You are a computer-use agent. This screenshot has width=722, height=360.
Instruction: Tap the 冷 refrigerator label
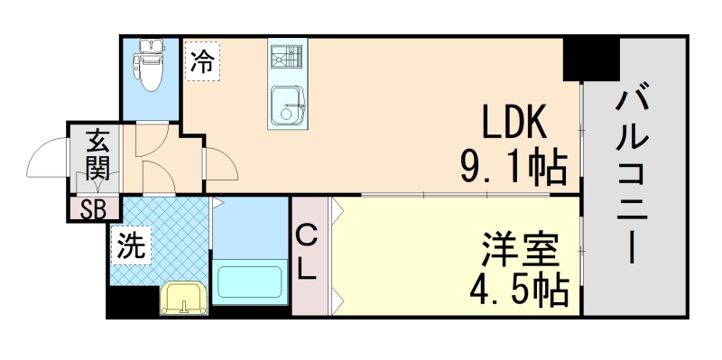click(203, 62)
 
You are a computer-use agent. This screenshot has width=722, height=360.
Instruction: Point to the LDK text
click(514, 122)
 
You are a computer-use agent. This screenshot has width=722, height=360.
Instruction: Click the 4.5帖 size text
click(518, 289)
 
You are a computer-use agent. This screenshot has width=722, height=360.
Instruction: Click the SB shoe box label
click(93, 209)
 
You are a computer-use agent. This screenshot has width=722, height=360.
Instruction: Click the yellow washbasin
click(184, 299)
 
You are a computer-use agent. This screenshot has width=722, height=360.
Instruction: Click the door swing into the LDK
click(222, 167)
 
